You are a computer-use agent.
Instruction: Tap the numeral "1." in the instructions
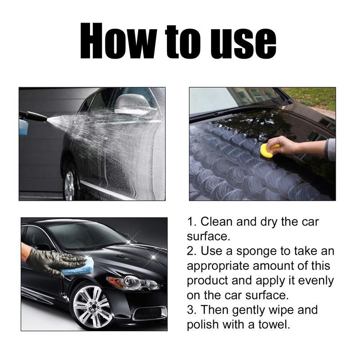click(192, 221)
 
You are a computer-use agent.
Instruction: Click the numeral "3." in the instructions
click(192, 310)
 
